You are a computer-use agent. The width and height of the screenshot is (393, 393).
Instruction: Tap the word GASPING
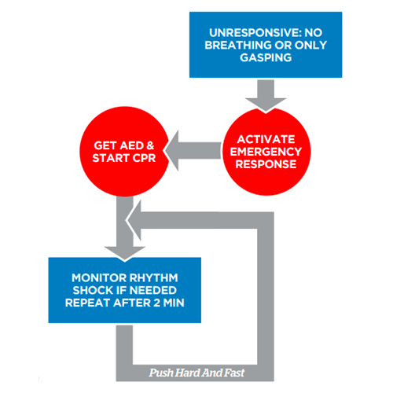pyautogui.click(x=266, y=57)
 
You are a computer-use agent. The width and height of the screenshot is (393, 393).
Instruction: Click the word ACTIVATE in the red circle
pyautogui.click(x=266, y=139)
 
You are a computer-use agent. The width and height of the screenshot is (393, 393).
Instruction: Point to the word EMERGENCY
pyautogui.click(x=266, y=152)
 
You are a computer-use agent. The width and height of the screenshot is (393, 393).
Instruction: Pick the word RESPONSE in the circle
pyautogui.click(x=266, y=164)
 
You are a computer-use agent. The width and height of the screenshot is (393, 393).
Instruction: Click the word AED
pyautogui.click(x=130, y=145)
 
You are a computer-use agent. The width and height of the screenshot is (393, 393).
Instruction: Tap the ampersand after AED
pyautogui.click(x=150, y=145)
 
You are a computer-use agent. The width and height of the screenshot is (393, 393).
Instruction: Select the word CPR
pyautogui.click(x=144, y=158)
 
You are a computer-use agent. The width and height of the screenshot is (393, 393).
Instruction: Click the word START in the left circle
pyautogui.click(x=111, y=158)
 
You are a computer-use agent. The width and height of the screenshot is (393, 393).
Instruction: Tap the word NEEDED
pyautogui.click(x=153, y=290)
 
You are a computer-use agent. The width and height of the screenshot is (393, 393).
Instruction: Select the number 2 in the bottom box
pyautogui.click(x=157, y=303)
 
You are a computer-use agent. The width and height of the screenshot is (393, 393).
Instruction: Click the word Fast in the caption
pyautogui.click(x=233, y=373)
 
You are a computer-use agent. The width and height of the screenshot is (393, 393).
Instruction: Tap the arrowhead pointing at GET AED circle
pyautogui.click(x=171, y=151)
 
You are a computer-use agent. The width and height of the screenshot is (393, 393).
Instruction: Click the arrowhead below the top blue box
pyautogui.click(x=266, y=105)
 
